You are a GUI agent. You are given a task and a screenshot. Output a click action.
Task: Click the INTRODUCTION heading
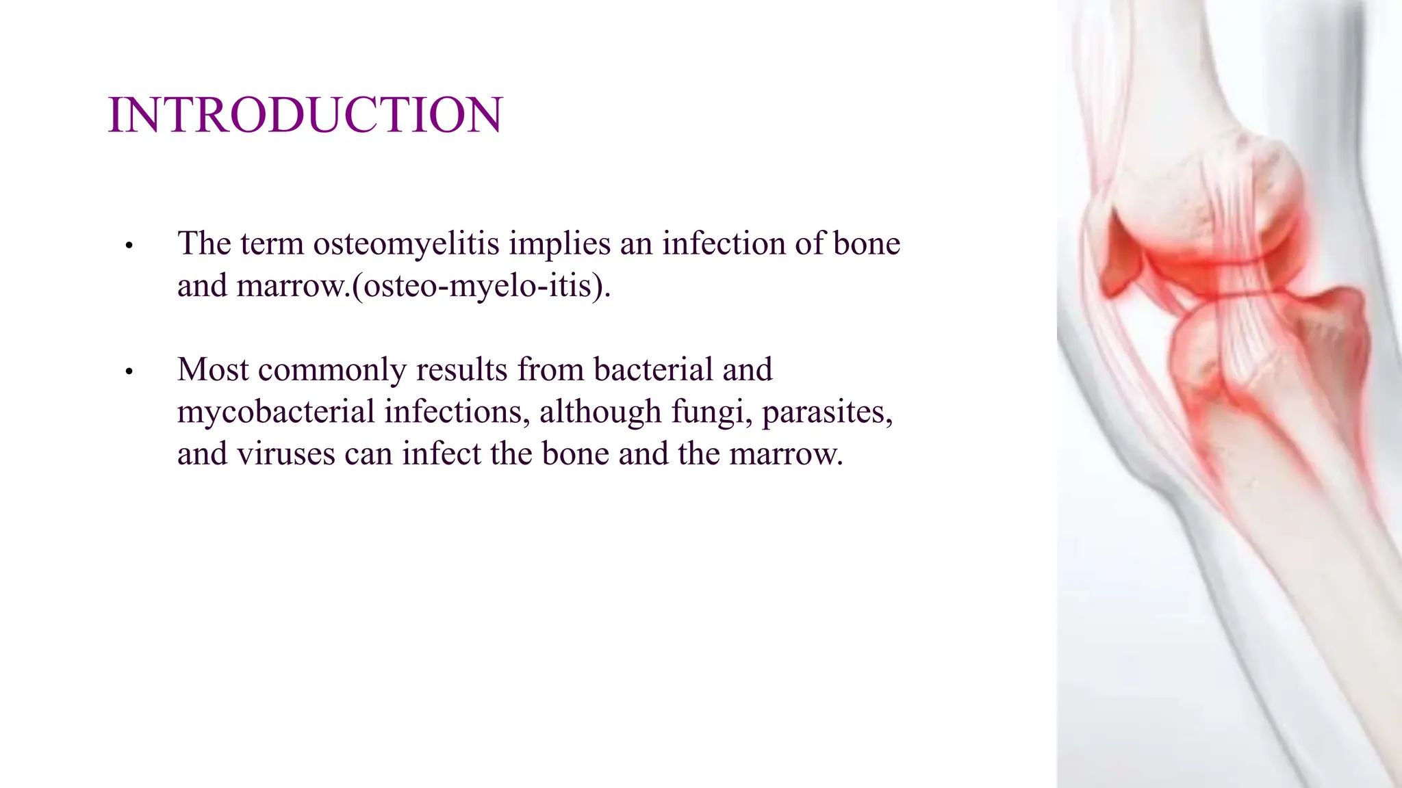(x=305, y=115)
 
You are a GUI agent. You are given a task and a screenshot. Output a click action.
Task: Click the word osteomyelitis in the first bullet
(x=406, y=244)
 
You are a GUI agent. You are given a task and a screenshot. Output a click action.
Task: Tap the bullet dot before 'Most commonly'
(x=129, y=372)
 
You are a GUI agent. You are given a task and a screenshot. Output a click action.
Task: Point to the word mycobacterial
(x=276, y=412)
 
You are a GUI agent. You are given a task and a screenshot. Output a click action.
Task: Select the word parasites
(x=827, y=412)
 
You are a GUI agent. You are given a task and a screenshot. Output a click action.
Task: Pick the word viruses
(x=286, y=454)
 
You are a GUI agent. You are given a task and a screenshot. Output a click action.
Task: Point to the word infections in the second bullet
(x=457, y=412)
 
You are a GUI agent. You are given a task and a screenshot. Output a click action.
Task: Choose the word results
(x=461, y=370)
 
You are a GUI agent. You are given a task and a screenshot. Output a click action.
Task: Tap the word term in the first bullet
(x=271, y=244)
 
